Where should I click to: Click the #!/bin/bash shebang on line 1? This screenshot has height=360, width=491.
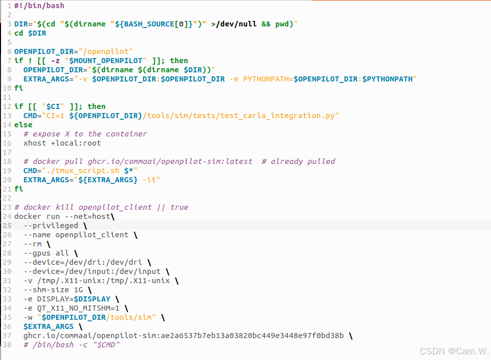tap(39, 6)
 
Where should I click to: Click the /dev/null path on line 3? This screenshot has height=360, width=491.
tap(236, 24)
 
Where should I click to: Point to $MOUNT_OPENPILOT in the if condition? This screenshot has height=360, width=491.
tap(105, 61)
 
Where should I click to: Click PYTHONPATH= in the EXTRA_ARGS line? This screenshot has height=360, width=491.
tap(268, 79)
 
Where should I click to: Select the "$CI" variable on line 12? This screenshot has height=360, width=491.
tap(53, 106)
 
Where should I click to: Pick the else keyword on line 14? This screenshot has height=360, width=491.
tap(23, 125)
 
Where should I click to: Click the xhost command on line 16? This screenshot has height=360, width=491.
tap(35, 143)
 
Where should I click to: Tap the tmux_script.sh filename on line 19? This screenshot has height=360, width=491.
tap(88, 171)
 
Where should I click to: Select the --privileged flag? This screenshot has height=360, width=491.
tap(51, 226)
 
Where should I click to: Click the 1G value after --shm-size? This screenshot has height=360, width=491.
tap(78, 290)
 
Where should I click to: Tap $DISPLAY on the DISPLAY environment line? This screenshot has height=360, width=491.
tap(92, 299)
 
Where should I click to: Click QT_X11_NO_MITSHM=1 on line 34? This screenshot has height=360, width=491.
tap(78, 308)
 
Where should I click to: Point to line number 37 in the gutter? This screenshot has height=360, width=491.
tap(7, 336)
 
